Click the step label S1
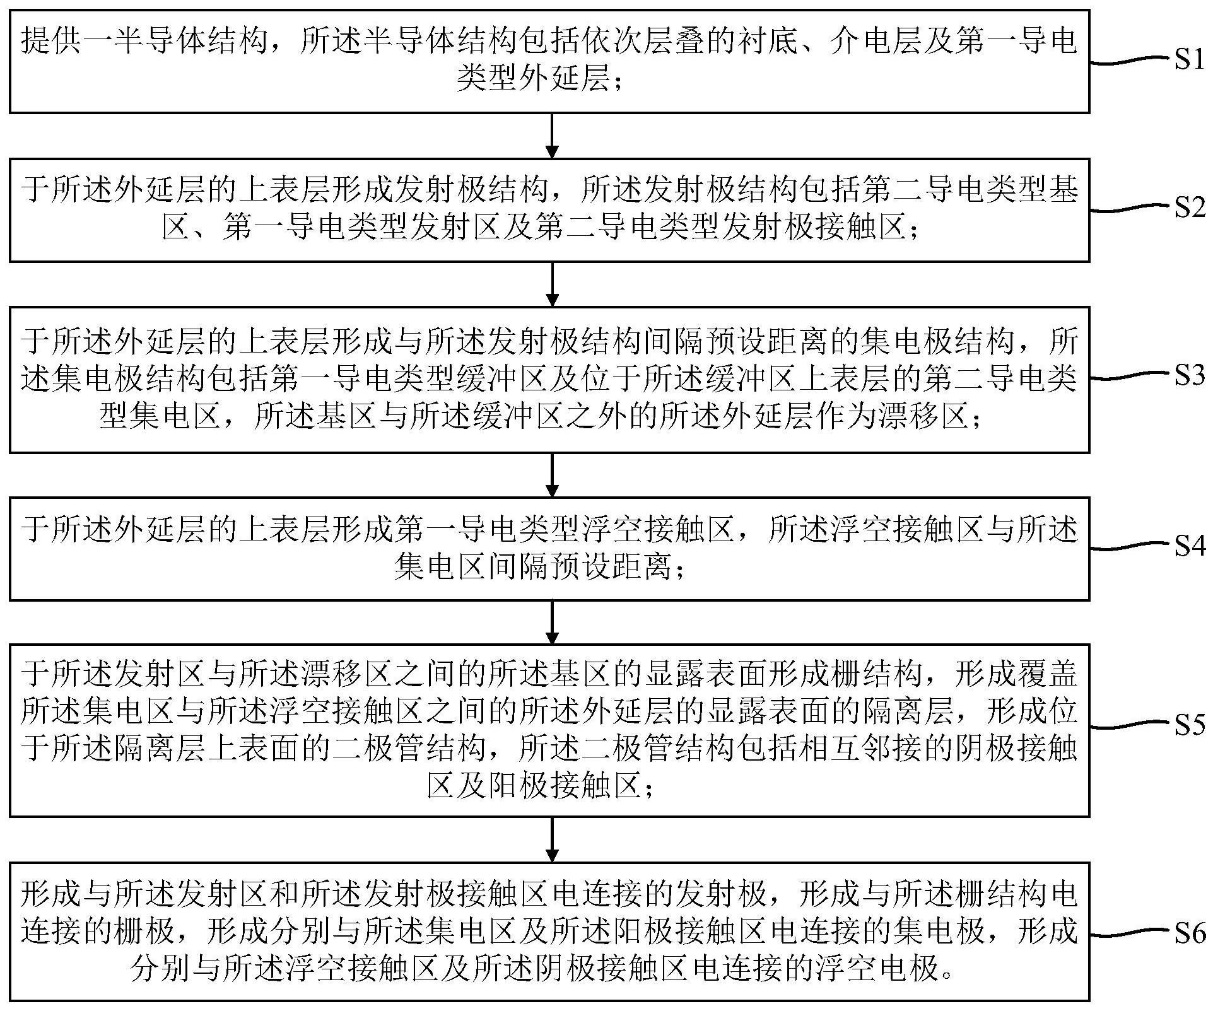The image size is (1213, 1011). tap(1189, 60)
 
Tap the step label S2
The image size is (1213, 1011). tap(1189, 207)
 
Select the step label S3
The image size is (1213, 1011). tap(1189, 376)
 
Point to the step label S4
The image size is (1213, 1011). tap(1189, 546)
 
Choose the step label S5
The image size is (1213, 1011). tap(1189, 725)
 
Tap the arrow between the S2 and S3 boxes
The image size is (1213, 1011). tap(552, 284)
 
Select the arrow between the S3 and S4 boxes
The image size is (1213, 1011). tap(552, 475)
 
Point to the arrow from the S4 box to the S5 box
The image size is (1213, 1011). tap(552, 622)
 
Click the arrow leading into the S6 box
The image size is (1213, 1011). tap(552, 839)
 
